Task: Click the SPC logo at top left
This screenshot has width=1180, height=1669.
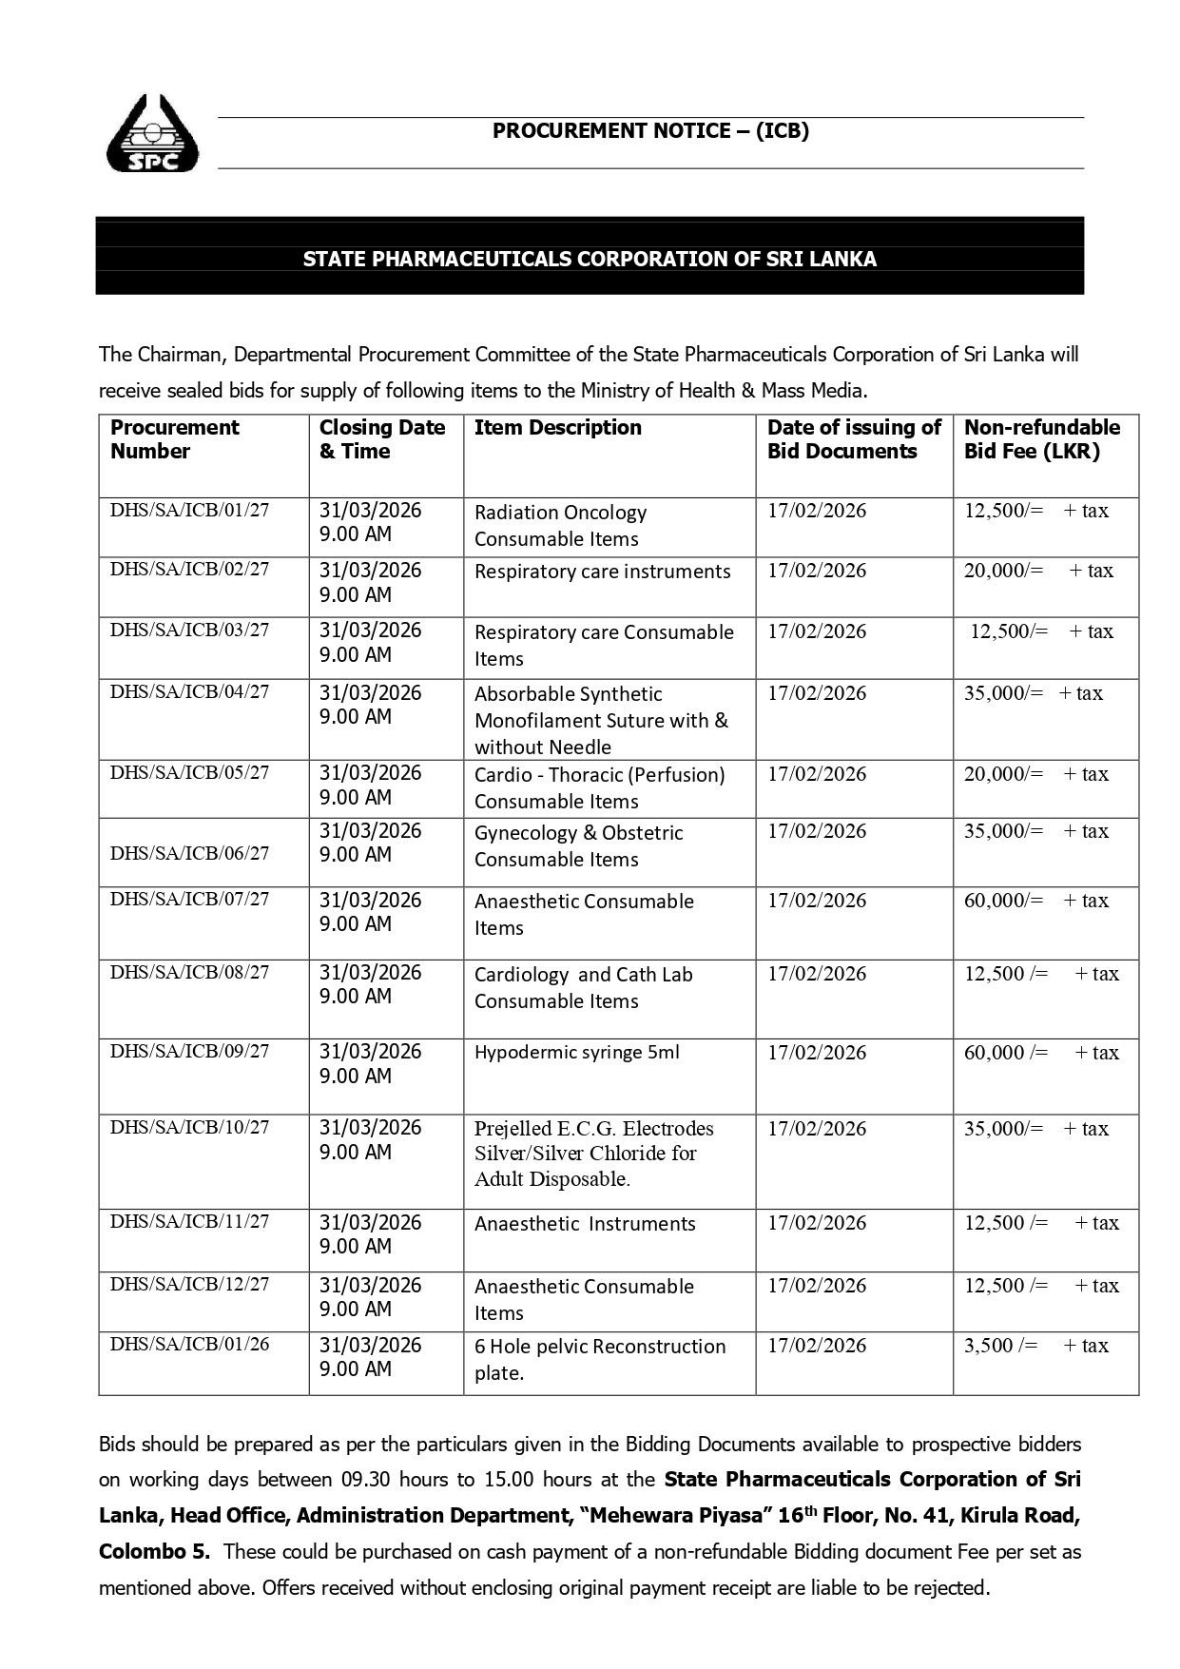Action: click(x=153, y=134)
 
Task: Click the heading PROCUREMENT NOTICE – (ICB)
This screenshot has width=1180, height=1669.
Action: click(x=650, y=131)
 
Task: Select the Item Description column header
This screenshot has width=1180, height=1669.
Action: click(x=558, y=428)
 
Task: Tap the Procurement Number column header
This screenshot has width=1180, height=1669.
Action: click(x=175, y=439)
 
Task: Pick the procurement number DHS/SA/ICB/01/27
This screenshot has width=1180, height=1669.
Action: click(x=190, y=511)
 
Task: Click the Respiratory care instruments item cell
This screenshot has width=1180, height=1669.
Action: click(x=602, y=572)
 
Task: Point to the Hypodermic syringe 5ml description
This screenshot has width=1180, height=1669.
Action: click(x=577, y=1053)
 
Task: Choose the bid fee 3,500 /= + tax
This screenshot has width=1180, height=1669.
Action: click(x=1035, y=1346)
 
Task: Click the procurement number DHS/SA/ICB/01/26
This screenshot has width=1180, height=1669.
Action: click(x=190, y=1345)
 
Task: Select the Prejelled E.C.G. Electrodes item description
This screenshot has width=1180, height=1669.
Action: click(x=594, y=1154)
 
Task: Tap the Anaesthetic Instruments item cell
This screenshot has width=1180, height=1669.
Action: click(x=585, y=1224)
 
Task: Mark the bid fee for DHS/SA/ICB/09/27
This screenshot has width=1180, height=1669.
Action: click(x=1041, y=1053)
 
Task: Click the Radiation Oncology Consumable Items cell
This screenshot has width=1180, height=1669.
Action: click(x=560, y=526)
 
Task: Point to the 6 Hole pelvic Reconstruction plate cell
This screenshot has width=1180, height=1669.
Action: click(x=600, y=1360)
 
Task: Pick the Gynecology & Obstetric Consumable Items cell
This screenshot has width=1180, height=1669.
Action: click(x=578, y=846)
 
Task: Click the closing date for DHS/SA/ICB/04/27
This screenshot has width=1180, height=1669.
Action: click(x=370, y=705)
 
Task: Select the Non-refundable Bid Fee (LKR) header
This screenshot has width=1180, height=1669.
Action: click(x=1042, y=439)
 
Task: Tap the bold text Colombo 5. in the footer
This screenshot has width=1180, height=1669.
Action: click(x=154, y=1551)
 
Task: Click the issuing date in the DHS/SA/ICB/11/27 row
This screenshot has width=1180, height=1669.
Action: click(x=817, y=1223)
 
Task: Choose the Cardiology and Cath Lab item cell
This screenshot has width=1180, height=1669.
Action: click(x=583, y=988)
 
